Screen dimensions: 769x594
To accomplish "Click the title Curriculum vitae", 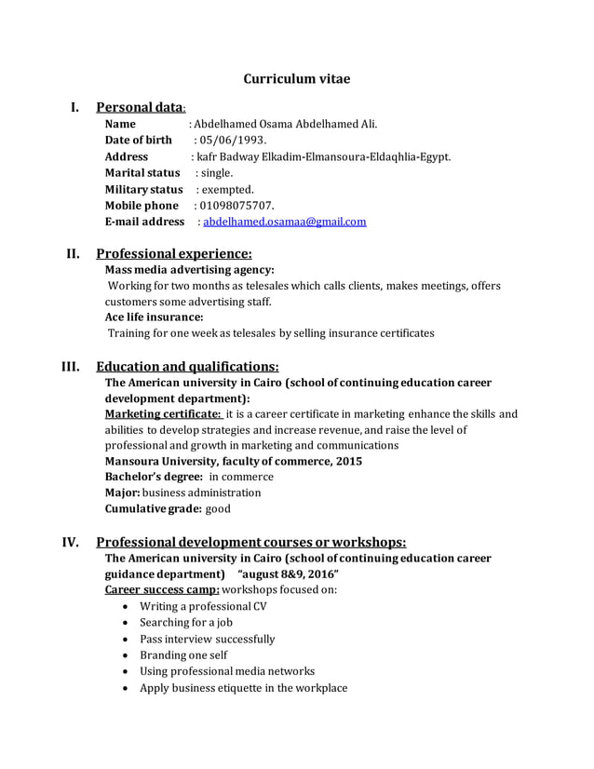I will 297,79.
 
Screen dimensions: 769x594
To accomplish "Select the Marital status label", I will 142,173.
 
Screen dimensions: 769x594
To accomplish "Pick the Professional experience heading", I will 174,253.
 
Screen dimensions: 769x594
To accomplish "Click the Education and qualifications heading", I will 187,366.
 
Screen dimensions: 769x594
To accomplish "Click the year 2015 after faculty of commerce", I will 348,462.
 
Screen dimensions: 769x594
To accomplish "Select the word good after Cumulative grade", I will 218,509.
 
